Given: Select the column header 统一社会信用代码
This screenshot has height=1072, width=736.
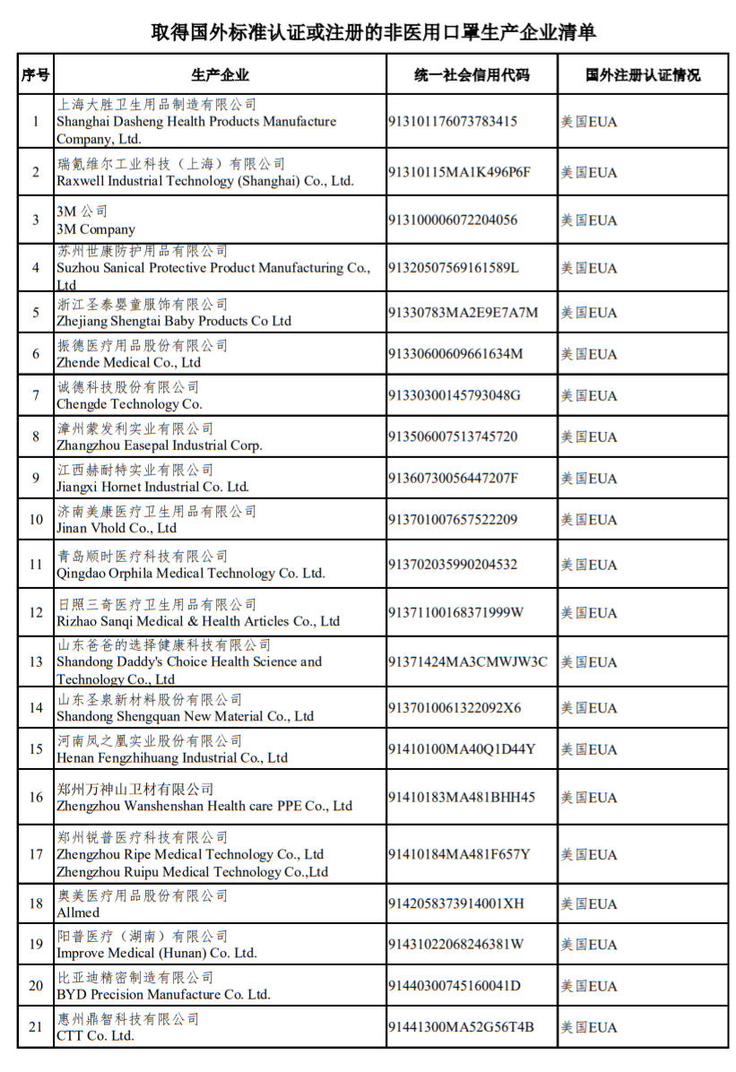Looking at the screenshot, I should point(472,75).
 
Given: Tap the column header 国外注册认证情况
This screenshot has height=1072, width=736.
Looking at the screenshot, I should point(643,75).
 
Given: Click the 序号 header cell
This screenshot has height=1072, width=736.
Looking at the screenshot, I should point(36,75).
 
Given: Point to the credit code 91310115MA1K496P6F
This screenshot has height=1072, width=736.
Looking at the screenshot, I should point(458,172).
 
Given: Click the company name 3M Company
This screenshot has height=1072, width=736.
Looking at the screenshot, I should point(96,229).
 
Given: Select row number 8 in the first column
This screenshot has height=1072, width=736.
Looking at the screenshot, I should point(36,437).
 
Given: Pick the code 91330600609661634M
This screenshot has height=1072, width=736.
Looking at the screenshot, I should point(455,354).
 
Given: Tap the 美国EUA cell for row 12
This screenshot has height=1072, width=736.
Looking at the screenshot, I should point(589,613).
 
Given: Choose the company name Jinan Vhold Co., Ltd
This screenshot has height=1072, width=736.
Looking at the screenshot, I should point(117,529).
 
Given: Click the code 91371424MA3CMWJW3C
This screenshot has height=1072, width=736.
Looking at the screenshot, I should point(467,662).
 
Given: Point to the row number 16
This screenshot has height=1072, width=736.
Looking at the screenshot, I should point(36,798).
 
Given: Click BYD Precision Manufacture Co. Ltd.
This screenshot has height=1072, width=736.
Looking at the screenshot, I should point(163,995).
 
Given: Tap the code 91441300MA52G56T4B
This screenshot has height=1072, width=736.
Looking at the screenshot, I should point(461,1027).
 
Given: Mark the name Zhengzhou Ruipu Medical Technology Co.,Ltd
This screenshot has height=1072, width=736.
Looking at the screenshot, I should point(192,872).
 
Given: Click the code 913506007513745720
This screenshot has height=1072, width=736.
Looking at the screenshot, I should point(453,437).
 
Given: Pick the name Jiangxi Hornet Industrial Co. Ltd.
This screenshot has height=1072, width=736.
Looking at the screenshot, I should point(152,487).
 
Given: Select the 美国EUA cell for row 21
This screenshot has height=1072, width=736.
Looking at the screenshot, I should point(589,1027).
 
